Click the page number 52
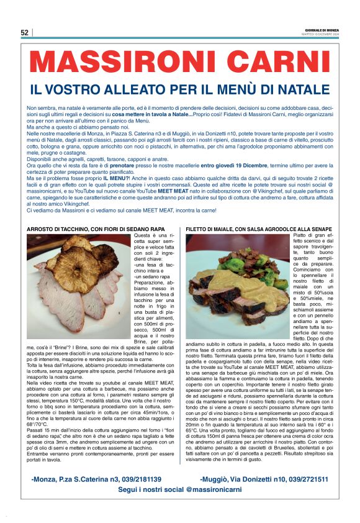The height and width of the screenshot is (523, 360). (25, 33)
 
